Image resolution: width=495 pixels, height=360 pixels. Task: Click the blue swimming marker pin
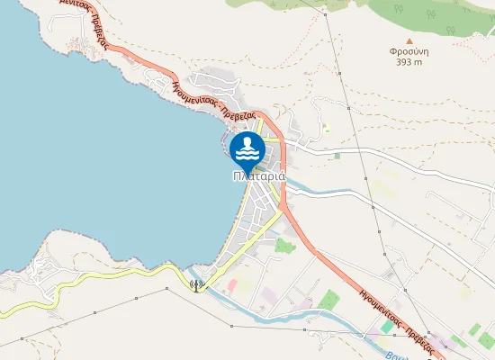pyautogui.click(x=247, y=148)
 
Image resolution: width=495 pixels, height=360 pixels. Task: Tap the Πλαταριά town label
pyautogui.click(x=258, y=176)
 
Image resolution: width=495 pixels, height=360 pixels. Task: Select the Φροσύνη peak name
pyautogui.click(x=410, y=51)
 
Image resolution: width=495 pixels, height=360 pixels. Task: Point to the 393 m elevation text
pyautogui.click(x=410, y=62)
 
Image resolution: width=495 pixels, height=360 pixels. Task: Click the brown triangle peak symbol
pyautogui.click(x=410, y=40)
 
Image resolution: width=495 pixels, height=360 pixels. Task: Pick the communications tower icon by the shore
pyautogui.click(x=195, y=285)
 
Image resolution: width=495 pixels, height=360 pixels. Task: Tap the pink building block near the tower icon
pyautogui.click(x=231, y=285)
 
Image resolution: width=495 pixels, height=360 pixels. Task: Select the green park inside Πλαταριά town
pyautogui.click(x=284, y=245)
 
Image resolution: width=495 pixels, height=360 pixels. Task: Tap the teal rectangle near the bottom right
pyautogui.click(x=387, y=327)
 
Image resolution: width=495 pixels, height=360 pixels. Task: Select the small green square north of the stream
pyautogui.click(x=337, y=156)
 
